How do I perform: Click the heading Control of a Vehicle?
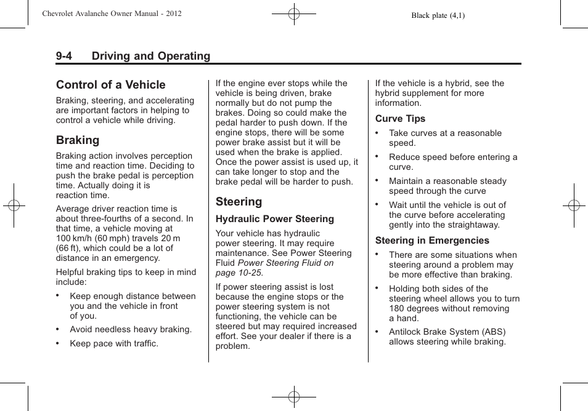(x=110, y=85)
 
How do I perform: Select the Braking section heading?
(x=78, y=140)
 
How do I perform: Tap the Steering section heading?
(x=239, y=202)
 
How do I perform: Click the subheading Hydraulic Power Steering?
(x=274, y=219)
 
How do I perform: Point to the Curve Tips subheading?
(x=400, y=119)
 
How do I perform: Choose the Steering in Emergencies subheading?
(x=432, y=241)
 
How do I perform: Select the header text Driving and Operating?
(x=151, y=56)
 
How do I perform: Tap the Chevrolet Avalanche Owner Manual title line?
(x=112, y=14)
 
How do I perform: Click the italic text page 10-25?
(x=239, y=273)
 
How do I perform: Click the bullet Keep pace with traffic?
(x=114, y=343)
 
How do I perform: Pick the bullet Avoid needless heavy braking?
(x=131, y=329)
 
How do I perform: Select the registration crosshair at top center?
(x=294, y=13)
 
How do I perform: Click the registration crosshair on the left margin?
(x=14, y=205)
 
